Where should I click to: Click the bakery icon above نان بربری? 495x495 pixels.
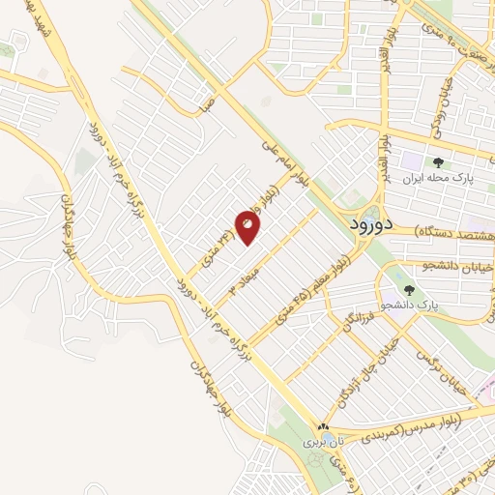tap(324, 426)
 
